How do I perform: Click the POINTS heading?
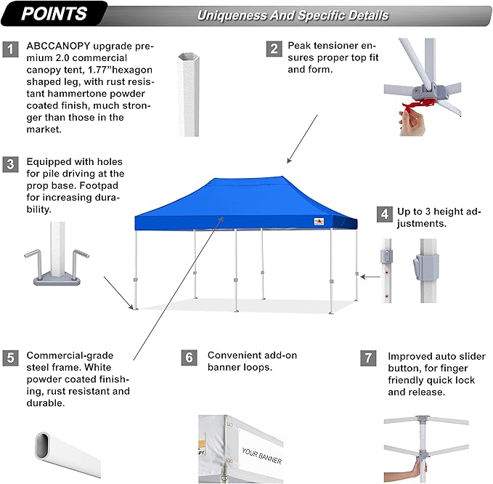(54, 14)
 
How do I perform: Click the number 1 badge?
(10, 49)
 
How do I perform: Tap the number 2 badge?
(274, 49)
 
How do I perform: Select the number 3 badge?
(10, 164)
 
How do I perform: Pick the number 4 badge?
(383, 214)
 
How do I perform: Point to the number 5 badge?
(10, 358)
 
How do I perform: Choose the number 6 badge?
(189, 358)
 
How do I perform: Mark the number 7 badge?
(369, 358)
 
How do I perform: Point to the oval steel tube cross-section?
(70, 451)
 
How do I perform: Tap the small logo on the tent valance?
(317, 222)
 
